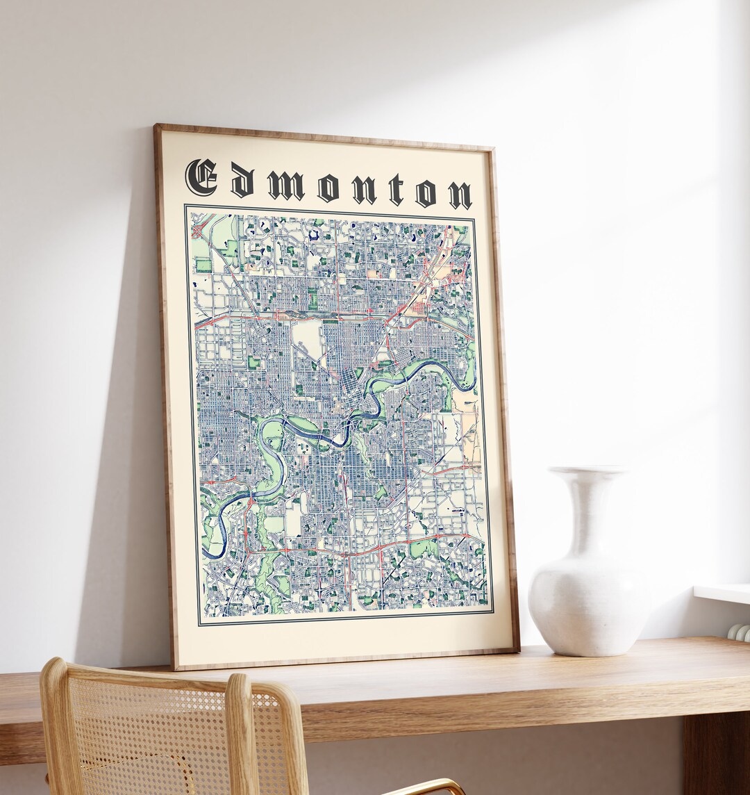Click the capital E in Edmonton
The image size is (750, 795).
(201, 177)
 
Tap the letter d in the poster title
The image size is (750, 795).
(242, 182)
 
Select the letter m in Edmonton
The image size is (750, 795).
(285, 186)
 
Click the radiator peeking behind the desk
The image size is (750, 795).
(740, 631)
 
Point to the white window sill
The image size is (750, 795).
(722, 593)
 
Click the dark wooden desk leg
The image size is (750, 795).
(715, 757)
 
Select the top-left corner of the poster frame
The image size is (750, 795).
(156, 126)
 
